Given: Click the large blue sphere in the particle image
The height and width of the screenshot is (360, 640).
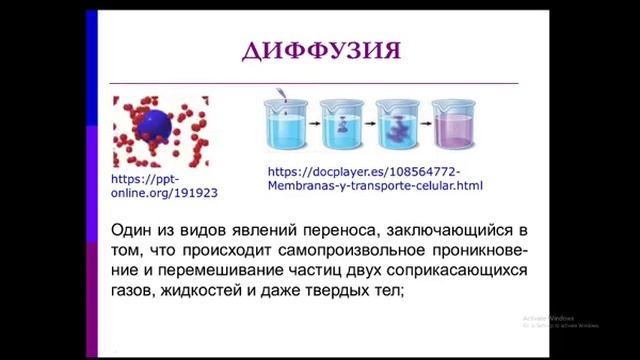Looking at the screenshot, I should tap(155, 124).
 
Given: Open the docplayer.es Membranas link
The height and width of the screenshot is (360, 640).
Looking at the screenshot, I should tap(375, 179).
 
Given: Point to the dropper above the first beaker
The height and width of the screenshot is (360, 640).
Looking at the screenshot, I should tap(283, 96).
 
